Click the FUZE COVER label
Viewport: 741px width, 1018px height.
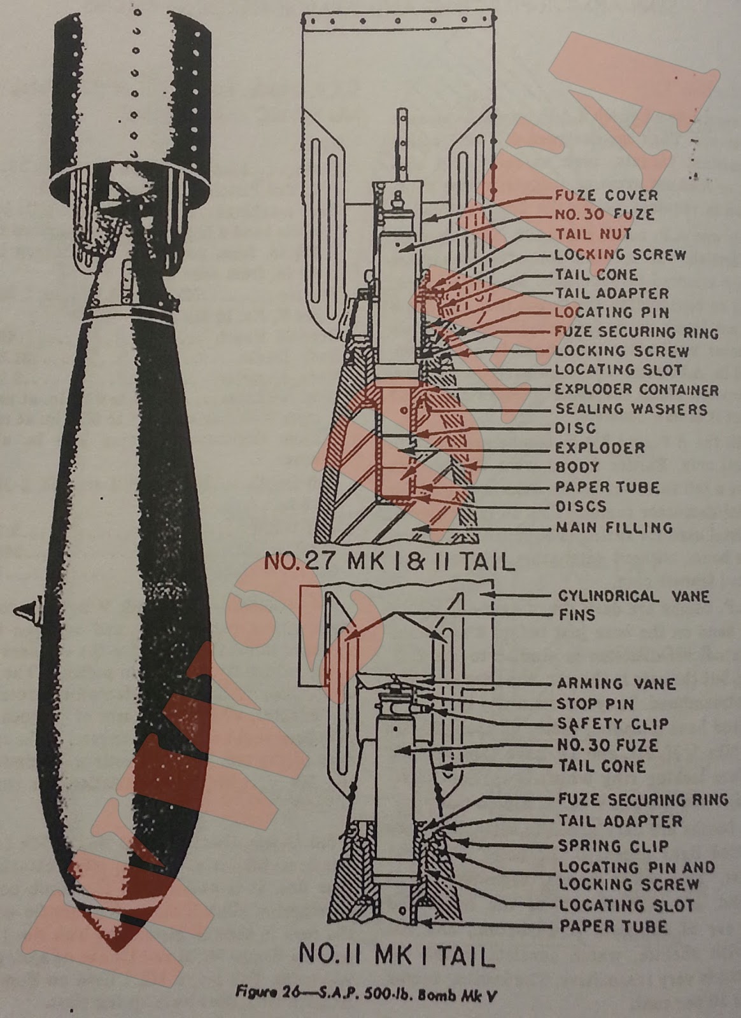pos(606,195)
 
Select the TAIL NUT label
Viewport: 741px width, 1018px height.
pos(593,234)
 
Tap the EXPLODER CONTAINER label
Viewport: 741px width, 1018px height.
pos(637,389)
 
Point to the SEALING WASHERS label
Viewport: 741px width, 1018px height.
pos(631,409)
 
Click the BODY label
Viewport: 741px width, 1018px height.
pos(577,467)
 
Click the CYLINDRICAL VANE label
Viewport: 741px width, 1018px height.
pos(633,596)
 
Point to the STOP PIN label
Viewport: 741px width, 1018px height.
pos(595,704)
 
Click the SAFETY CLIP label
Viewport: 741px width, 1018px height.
pos(613,724)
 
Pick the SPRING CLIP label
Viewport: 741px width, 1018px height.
pos(613,846)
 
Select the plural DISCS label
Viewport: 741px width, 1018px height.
pos(581,507)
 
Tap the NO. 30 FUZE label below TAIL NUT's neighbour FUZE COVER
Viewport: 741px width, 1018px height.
pos(604,214)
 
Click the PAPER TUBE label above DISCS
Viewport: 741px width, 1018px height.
pos(607,487)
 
